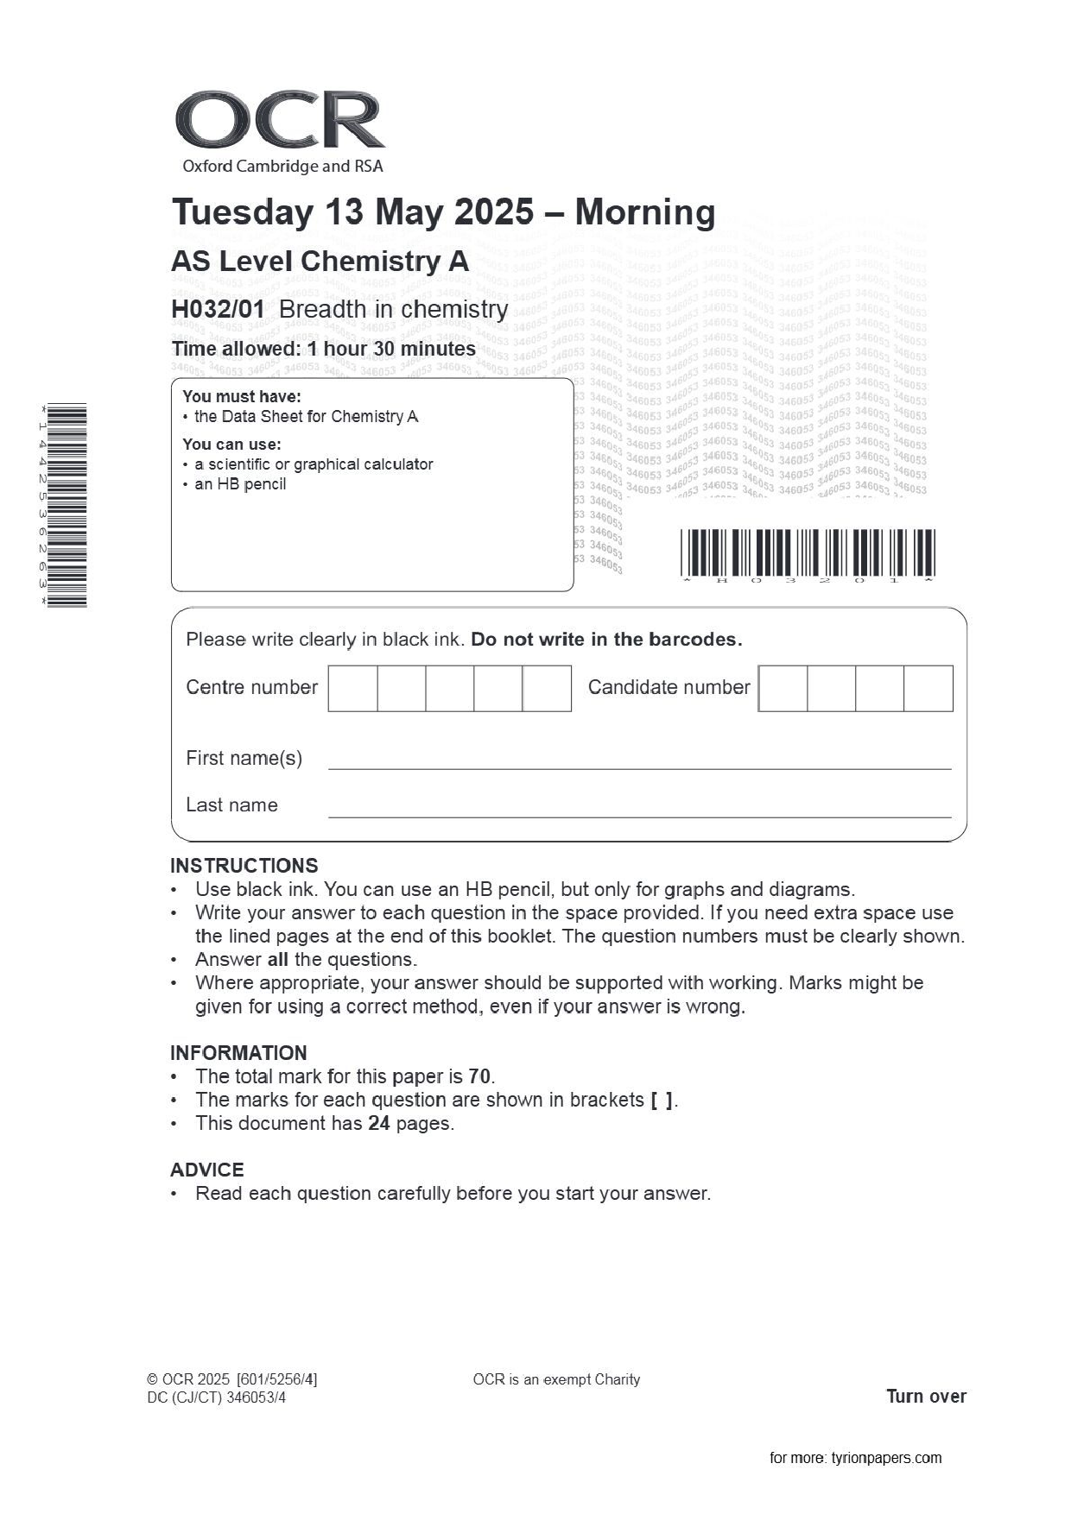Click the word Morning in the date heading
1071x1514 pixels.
(644, 212)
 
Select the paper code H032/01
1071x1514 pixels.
(218, 309)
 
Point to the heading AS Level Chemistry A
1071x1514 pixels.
(320, 261)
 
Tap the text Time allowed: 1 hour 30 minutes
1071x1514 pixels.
(323, 349)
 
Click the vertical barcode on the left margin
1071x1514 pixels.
(67, 505)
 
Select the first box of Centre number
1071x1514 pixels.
(352, 688)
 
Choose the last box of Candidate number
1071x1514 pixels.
(928, 688)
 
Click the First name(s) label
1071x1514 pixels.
(244, 758)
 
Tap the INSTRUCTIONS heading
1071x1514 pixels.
(244, 866)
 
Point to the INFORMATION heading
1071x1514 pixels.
(238, 1053)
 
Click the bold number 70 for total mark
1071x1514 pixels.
(479, 1076)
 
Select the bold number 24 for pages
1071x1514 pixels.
(378, 1123)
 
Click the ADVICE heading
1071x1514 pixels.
(207, 1170)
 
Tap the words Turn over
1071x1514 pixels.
(926, 1396)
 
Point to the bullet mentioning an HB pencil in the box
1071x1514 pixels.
(240, 484)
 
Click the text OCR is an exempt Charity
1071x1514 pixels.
(556, 1379)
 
